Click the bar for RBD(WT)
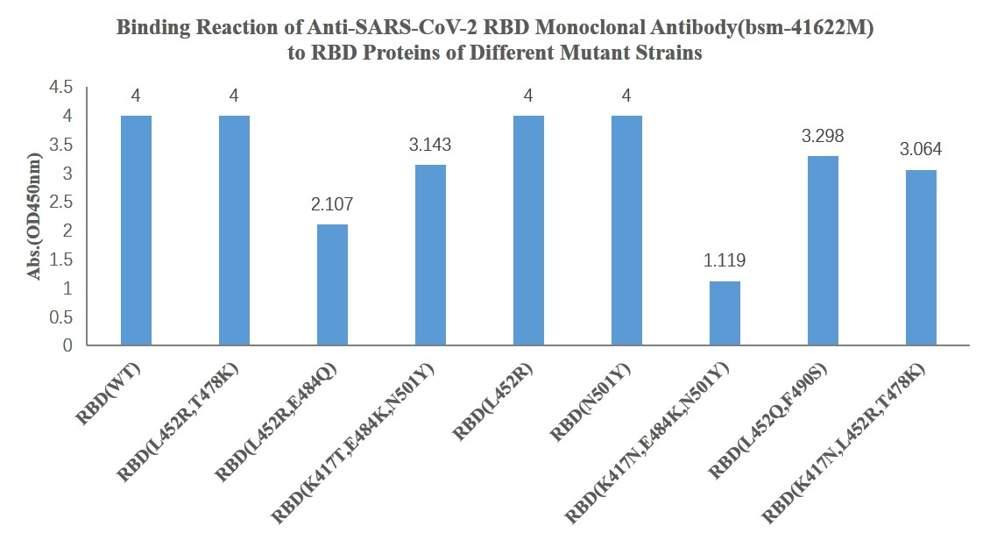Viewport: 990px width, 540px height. (x=136, y=231)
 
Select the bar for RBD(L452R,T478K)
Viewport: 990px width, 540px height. (x=234, y=231)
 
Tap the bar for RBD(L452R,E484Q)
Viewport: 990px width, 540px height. (x=332, y=285)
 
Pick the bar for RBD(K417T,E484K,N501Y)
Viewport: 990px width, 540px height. (x=430, y=255)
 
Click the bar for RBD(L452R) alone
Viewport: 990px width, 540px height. (x=528, y=231)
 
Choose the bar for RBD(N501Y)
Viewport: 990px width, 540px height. (x=626, y=231)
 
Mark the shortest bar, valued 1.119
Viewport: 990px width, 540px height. (x=725, y=313)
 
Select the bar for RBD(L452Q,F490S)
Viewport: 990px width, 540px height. (x=823, y=251)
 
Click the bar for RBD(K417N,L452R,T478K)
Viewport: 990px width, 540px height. (x=921, y=258)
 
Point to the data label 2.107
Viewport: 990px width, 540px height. (x=332, y=204)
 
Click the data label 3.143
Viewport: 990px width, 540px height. (x=430, y=145)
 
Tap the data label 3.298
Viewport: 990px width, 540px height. (x=823, y=136)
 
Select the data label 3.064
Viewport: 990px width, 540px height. (x=921, y=150)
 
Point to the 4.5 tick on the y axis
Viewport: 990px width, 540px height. (x=62, y=88)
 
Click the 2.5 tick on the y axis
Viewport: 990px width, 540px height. (x=62, y=202)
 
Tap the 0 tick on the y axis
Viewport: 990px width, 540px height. (x=67, y=345)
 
